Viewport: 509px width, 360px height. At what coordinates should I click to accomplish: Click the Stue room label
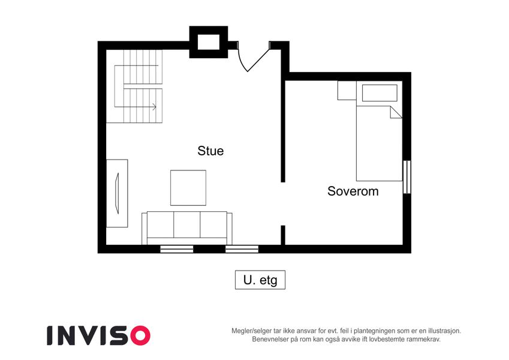pyautogui.click(x=210, y=151)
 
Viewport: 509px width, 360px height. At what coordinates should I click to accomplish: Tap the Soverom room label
pyautogui.click(x=353, y=191)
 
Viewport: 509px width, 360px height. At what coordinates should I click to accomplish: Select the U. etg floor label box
pyautogui.click(x=260, y=280)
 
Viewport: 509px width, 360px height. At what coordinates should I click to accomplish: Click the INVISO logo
pyautogui.click(x=99, y=335)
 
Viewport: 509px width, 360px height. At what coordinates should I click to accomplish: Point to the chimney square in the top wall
pyautogui.click(x=209, y=42)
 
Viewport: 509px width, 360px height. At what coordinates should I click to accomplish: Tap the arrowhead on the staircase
pyautogui.click(x=154, y=107)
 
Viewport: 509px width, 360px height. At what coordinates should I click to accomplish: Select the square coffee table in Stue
pyautogui.click(x=188, y=188)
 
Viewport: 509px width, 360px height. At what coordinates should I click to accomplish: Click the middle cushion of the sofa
pyautogui.click(x=186, y=224)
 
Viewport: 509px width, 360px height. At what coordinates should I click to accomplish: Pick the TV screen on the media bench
pyautogui.click(x=117, y=193)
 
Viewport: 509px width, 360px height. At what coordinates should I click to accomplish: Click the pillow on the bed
pyautogui.click(x=380, y=93)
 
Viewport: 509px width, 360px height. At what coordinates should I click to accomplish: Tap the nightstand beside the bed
pyautogui.click(x=347, y=91)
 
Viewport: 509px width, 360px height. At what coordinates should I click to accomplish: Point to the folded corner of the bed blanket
pyautogui.click(x=396, y=112)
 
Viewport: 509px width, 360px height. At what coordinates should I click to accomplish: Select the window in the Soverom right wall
pyautogui.click(x=406, y=177)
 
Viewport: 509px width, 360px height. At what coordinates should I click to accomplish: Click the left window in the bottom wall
pyautogui.click(x=177, y=249)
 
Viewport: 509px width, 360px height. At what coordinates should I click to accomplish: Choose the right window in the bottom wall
pyautogui.click(x=242, y=249)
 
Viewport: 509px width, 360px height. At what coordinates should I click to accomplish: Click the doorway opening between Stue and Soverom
pyautogui.click(x=283, y=204)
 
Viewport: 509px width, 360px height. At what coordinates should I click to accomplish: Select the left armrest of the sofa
pyautogui.click(x=144, y=229)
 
